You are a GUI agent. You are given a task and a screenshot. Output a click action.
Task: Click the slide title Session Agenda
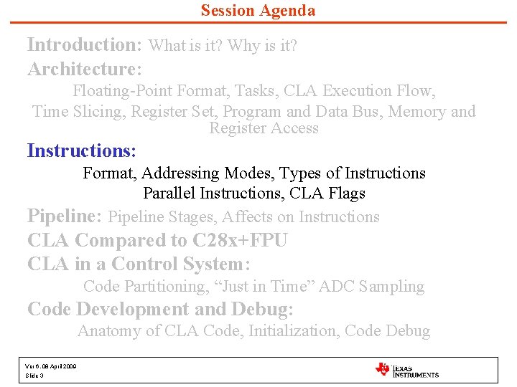coord(258,11)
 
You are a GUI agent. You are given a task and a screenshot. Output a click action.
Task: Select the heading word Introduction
coord(84,44)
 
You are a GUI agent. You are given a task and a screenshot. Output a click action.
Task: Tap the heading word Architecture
coord(83,70)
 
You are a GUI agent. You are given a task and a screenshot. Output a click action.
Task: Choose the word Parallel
coord(172,193)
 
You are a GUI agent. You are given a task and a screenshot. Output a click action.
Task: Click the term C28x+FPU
coord(240,240)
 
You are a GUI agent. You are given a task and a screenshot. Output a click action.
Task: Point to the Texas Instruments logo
coord(406,370)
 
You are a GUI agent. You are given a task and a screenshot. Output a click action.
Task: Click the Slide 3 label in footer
coord(34,376)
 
